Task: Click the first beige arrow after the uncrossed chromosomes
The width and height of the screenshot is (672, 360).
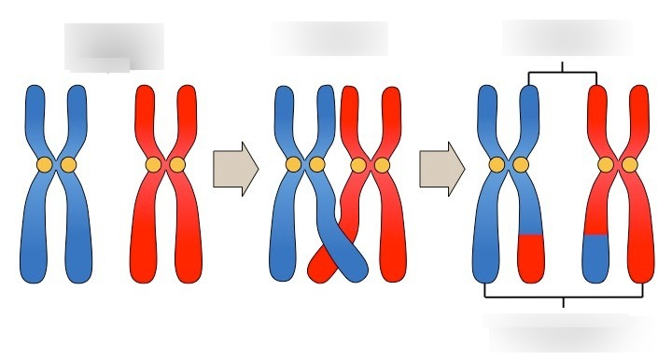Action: (234, 169)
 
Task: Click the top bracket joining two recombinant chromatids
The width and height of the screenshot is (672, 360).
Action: (563, 72)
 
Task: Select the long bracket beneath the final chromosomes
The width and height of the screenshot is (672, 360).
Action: (563, 297)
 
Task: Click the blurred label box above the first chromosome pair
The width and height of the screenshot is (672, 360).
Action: (114, 46)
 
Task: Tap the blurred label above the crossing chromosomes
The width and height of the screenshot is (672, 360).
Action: (329, 38)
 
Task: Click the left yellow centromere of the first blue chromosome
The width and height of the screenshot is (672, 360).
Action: (44, 165)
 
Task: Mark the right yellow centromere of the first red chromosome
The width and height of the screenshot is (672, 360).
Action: (177, 165)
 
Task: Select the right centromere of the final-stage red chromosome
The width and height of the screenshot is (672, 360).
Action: (630, 165)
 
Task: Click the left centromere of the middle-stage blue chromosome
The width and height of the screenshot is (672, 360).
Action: (293, 165)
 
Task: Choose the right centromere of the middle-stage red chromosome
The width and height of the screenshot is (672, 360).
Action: (381, 165)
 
